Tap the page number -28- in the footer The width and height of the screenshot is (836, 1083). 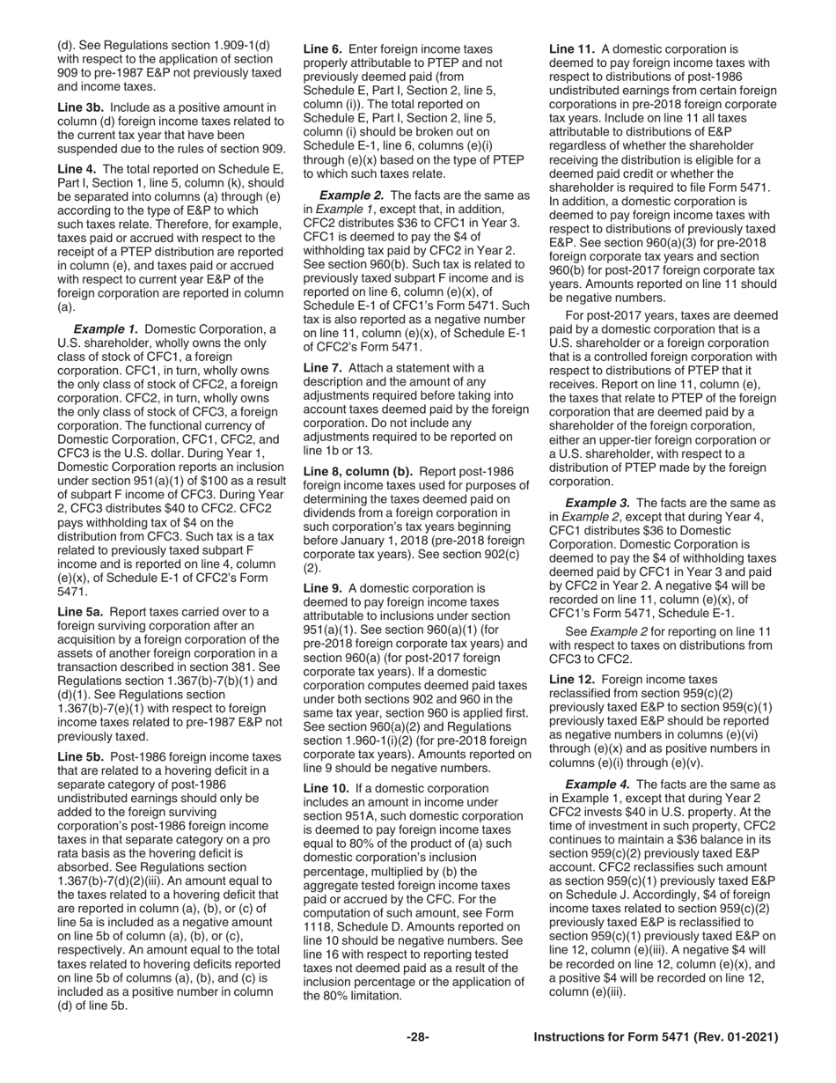click(418, 1038)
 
